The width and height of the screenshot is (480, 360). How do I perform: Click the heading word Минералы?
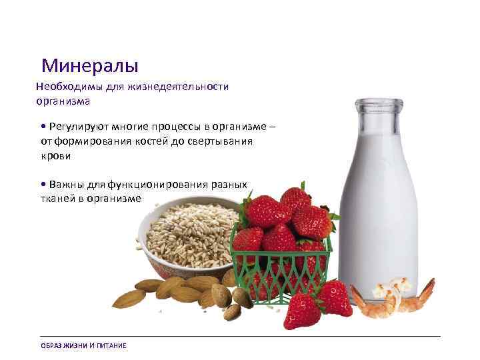click(x=89, y=65)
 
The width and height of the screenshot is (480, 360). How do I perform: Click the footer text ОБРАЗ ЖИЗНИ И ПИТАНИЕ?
click(x=83, y=345)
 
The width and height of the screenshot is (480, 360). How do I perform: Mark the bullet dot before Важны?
click(x=43, y=184)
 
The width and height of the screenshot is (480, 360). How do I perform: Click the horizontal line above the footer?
click(x=240, y=336)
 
